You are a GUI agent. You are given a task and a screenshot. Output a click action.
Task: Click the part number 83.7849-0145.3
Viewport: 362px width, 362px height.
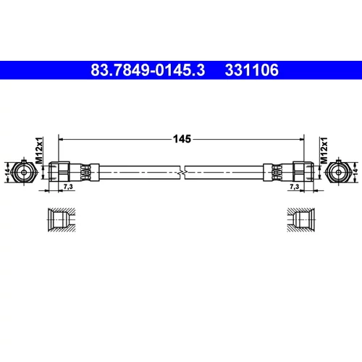tap(148, 70)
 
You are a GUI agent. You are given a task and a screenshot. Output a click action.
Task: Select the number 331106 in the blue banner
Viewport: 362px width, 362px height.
tap(252, 70)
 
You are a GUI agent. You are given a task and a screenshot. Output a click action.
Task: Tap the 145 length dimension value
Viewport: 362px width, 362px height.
tap(182, 139)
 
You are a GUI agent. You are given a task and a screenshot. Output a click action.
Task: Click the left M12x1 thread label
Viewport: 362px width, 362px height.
tap(39, 150)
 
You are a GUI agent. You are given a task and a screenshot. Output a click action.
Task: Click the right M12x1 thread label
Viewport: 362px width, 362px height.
tap(324, 150)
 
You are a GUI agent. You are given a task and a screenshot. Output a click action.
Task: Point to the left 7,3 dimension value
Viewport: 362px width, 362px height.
tap(68, 187)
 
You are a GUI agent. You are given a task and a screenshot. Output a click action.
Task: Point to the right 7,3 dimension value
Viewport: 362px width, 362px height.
tap(294, 187)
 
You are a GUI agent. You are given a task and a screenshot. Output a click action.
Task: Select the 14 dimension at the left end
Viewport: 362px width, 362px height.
tap(8, 172)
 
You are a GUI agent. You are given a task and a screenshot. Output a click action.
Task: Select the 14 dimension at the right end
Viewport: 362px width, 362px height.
tap(355, 172)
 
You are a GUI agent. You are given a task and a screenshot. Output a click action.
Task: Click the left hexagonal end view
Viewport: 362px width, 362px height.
tap(24, 172)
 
